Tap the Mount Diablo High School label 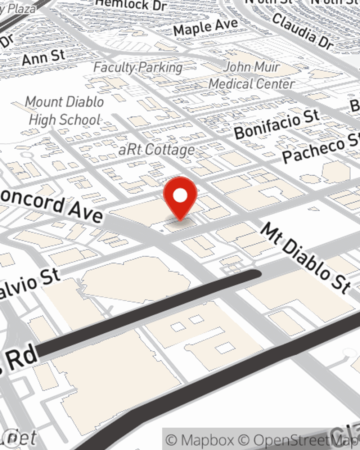point(65,111)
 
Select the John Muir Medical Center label point(252,76)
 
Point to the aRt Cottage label point(157,150)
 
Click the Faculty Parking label point(138,67)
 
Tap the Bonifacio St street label point(276,125)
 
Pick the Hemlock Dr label point(131,5)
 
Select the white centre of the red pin point(180,195)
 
